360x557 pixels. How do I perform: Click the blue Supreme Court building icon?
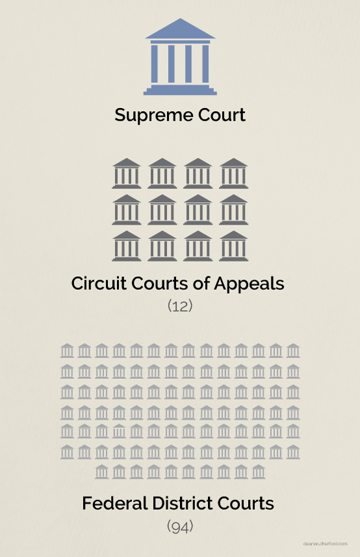click(x=180, y=57)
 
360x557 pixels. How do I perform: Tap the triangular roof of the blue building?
click(x=180, y=30)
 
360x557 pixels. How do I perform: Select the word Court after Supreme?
click(x=222, y=115)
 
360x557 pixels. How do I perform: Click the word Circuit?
click(x=99, y=283)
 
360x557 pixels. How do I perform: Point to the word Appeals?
click(x=249, y=284)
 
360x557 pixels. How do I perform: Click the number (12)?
click(x=180, y=306)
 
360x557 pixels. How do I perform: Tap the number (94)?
click(x=180, y=526)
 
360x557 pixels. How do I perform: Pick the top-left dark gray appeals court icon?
click(x=127, y=173)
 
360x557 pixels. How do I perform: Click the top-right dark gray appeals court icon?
click(x=233, y=173)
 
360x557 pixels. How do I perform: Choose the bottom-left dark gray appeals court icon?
click(x=127, y=246)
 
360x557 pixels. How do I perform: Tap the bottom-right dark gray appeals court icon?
click(x=233, y=246)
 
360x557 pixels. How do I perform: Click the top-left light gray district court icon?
click(x=67, y=350)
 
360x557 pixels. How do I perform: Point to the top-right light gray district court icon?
click(x=293, y=350)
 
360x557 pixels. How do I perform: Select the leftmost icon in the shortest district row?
click(x=102, y=472)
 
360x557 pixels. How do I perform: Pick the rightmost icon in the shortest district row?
click(x=259, y=472)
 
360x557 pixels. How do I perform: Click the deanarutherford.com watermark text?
click(x=326, y=544)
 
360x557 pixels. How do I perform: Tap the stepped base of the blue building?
click(x=180, y=90)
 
